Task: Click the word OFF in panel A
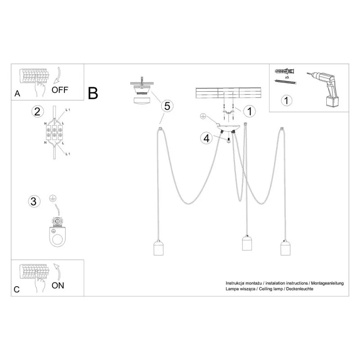click(60, 90)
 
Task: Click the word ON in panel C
click(58, 285)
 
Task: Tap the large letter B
click(93, 93)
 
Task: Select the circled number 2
click(37, 112)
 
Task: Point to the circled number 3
click(34, 201)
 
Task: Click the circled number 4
click(207, 139)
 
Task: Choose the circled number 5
click(167, 106)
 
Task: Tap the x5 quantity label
click(287, 77)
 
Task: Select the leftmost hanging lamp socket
click(158, 247)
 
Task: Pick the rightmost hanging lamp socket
click(285, 247)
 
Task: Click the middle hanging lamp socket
click(247, 243)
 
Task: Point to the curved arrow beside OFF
click(58, 75)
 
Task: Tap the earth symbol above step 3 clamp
click(53, 198)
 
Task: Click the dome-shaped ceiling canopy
click(229, 127)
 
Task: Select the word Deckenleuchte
click(300, 289)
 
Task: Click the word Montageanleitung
click(328, 283)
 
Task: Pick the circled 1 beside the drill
click(286, 100)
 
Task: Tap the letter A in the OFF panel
click(17, 94)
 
